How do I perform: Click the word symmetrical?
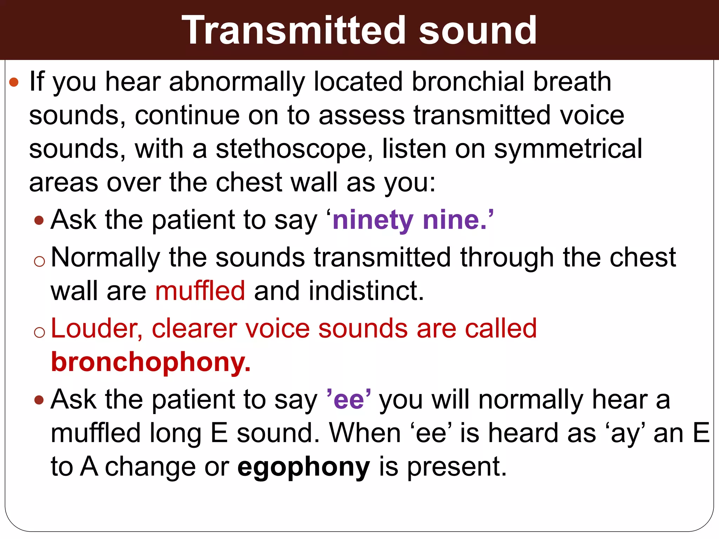pos(568,149)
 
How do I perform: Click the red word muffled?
pos(200,291)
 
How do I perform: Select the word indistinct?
pos(366,291)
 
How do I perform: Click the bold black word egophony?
pos(304,467)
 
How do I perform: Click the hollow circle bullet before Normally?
pos(40,261)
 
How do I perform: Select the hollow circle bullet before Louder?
pos(40,332)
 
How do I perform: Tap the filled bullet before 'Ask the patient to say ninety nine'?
pos(39,221)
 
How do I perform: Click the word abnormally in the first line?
pos(237,82)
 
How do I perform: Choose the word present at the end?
pos(456,467)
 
